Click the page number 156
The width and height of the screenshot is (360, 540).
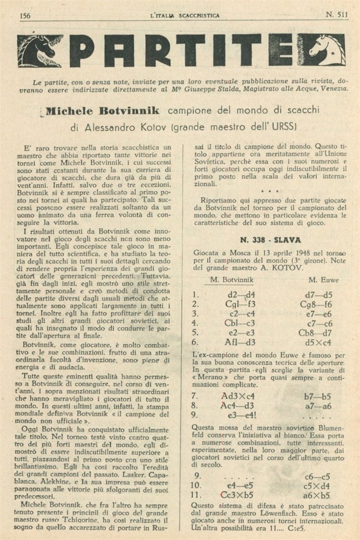(25, 15)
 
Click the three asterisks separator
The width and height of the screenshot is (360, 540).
(268, 191)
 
